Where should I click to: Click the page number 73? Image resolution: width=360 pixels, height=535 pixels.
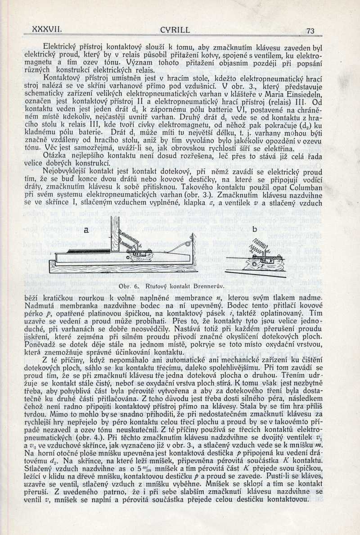310,31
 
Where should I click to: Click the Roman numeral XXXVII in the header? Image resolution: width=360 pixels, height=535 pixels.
47,29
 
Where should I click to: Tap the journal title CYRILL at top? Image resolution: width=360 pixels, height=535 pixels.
175,31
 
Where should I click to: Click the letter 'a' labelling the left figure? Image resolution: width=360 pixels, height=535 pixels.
85,230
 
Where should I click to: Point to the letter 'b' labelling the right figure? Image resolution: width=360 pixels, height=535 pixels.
254,229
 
